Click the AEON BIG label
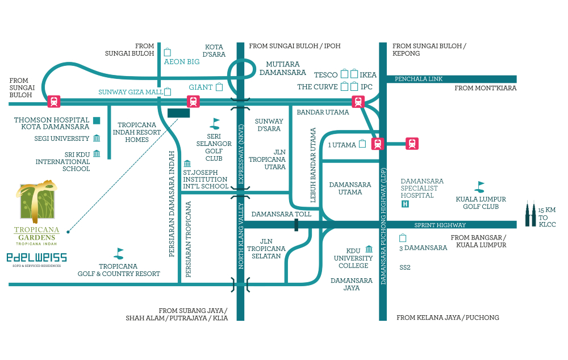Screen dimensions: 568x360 182,61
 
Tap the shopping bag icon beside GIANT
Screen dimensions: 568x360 219,87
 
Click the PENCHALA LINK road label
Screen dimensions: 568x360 419,79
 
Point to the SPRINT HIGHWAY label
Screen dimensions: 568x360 440,225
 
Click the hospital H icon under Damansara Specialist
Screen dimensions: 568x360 405,204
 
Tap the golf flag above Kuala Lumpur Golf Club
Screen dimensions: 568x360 479,187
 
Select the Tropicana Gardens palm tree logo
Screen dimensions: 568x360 36,202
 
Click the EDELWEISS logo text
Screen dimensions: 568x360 36,257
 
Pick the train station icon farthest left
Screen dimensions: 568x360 54,102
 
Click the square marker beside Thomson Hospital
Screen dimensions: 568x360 97,120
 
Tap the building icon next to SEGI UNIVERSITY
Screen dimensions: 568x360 97,138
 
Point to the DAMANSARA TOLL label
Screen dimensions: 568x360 281,214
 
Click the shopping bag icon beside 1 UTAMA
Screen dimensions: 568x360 362,144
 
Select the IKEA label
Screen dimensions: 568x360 368,74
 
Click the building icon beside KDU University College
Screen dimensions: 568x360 369,249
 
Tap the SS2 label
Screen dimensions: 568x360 404,267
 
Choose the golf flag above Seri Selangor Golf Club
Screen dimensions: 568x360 215,124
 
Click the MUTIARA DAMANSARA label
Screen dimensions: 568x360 282,68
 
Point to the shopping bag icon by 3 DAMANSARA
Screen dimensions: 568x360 403,238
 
